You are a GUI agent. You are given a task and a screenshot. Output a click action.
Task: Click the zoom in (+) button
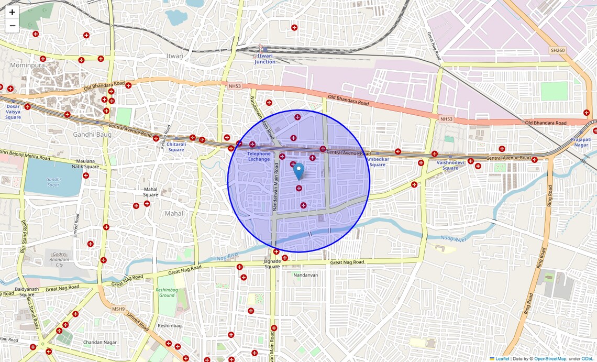point(12,12)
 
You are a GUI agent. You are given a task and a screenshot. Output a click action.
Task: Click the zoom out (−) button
point(12,26)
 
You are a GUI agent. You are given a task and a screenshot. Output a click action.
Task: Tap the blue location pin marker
point(298,171)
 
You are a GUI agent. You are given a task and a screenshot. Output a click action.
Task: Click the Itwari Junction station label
point(265,58)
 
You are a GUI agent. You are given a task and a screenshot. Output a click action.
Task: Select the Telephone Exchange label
point(259,156)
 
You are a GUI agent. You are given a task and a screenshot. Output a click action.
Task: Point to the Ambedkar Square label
point(377,162)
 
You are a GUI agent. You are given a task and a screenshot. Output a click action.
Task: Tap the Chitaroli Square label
point(176,147)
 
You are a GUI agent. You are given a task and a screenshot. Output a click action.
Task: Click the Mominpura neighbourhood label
point(27,65)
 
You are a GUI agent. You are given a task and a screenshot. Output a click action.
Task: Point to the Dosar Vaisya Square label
point(13,112)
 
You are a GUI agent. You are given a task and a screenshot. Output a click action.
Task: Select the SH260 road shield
point(558,50)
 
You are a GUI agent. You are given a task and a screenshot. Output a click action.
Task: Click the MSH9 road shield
point(118,309)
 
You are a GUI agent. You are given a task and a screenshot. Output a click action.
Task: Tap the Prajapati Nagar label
point(581,142)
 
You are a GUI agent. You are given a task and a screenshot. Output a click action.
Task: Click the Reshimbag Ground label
point(167,292)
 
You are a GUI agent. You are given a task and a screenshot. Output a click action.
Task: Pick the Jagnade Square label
point(272,264)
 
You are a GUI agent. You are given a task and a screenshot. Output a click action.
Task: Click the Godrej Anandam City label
point(59,259)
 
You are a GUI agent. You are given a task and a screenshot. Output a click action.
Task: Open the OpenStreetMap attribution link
point(550,359)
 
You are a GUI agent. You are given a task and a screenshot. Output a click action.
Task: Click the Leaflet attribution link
point(502,359)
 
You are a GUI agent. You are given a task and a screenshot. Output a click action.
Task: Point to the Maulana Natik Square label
point(85,164)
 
